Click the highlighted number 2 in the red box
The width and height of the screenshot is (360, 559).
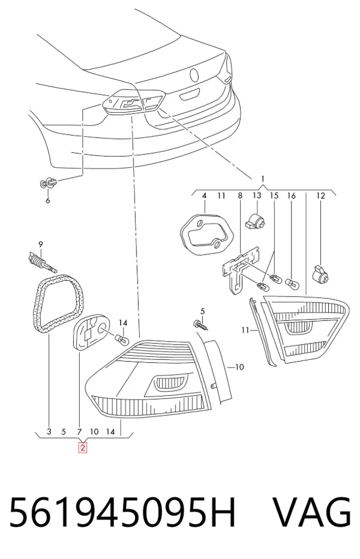pos(82,447)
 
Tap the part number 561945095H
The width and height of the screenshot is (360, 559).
pos(122,512)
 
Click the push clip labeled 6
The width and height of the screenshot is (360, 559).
pos(48,184)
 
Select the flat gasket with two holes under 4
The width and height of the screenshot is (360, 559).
pos(207,234)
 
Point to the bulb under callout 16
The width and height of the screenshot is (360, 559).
pos(293,284)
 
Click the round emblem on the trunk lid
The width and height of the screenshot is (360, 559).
pos(194,75)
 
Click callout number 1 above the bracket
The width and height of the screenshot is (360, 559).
pos(263,179)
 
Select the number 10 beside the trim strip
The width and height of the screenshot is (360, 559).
pos(239,367)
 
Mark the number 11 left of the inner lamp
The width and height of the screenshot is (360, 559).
pos(245,330)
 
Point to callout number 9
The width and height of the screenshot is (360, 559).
pos(41,245)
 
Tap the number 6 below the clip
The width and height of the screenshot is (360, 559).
pos(48,201)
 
